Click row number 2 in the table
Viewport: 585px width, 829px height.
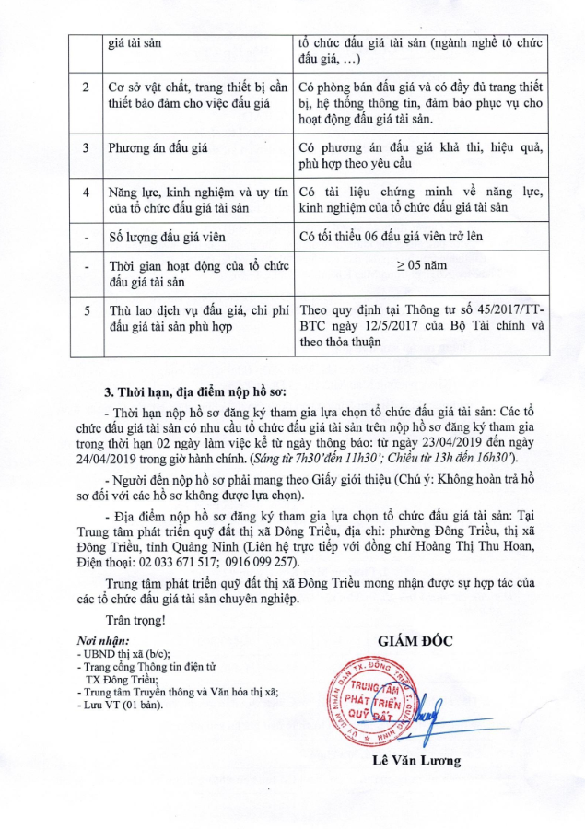[86, 87]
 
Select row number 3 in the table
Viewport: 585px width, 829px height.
[86, 146]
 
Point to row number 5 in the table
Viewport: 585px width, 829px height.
[86, 311]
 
